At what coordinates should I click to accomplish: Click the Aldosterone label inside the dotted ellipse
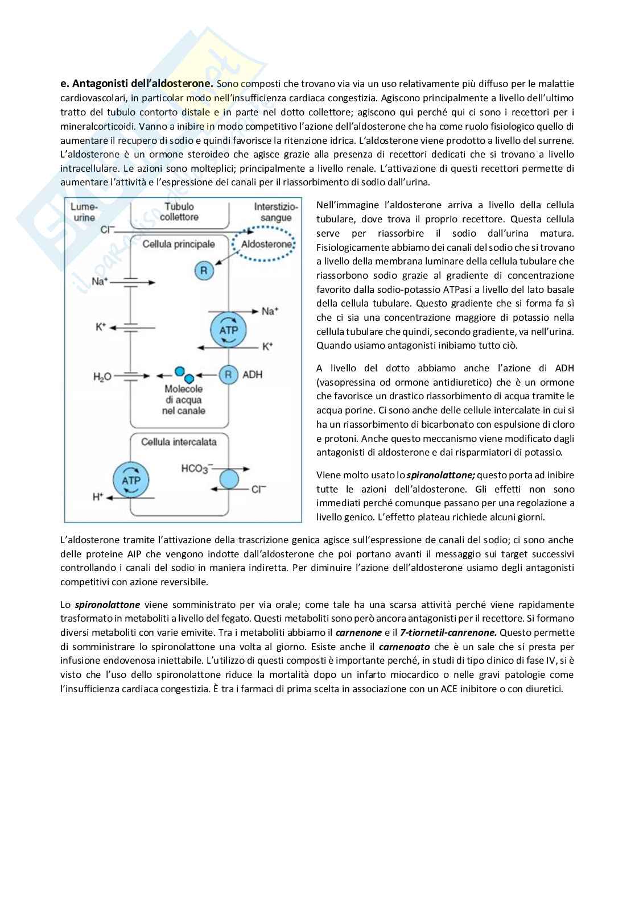point(266,244)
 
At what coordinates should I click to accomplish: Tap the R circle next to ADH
point(228,375)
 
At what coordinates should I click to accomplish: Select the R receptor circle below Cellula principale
point(204,270)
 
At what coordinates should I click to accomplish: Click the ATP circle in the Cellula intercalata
point(131,479)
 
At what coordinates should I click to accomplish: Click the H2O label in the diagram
point(102,375)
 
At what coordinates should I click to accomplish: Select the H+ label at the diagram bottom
point(97,496)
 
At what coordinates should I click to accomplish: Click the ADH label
point(252,375)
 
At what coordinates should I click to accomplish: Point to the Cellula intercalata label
point(179,441)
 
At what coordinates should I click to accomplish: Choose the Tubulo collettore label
point(179,212)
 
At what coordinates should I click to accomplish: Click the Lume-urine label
point(84,212)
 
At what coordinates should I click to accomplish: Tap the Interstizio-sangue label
point(275,212)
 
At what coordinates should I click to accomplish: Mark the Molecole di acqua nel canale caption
point(183,399)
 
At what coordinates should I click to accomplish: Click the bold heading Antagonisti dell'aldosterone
point(137,84)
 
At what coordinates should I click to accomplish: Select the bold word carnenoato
point(404,647)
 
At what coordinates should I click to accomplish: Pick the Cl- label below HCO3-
point(259,488)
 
